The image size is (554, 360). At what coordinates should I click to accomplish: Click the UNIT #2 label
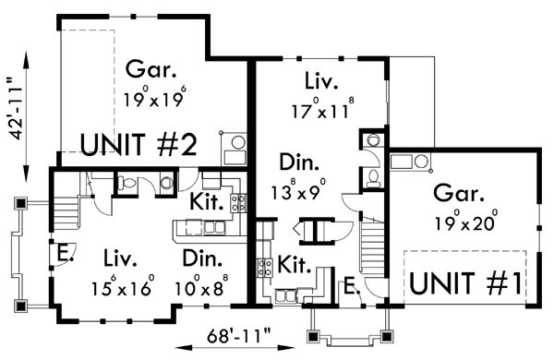tap(138, 145)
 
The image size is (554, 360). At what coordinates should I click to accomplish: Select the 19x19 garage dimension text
tap(153, 95)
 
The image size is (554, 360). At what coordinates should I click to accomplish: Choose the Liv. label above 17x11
tap(319, 78)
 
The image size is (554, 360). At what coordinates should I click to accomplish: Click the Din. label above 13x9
tap(301, 165)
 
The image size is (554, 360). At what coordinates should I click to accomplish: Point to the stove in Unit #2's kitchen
tap(237, 203)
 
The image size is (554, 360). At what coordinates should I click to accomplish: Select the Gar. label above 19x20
tap(455, 195)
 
